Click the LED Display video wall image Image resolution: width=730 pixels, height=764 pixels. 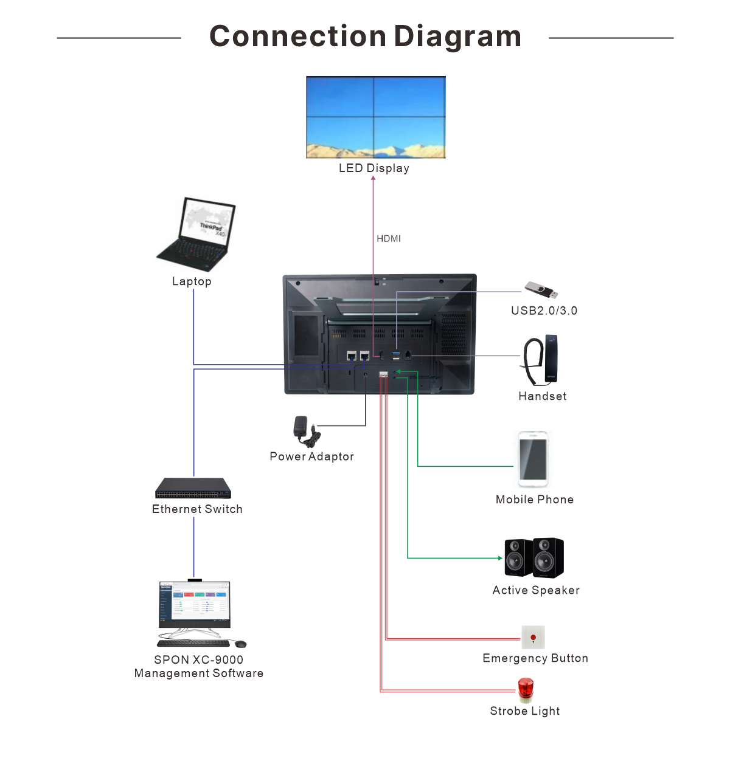pyautogui.click(x=375, y=117)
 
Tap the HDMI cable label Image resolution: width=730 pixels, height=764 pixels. pyautogui.click(x=389, y=239)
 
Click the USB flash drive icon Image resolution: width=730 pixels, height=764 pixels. pyautogui.click(x=541, y=290)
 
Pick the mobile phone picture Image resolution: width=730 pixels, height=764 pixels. pyautogui.click(x=533, y=459)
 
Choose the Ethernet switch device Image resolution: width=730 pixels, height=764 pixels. pyautogui.click(x=193, y=488)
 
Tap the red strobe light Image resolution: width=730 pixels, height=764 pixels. pyautogui.click(x=526, y=690)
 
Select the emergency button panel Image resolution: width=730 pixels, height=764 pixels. pyautogui.click(x=533, y=637)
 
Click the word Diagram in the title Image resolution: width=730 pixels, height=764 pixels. pyautogui.click(x=457, y=36)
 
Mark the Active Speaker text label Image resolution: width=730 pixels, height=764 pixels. pyautogui.click(x=536, y=590)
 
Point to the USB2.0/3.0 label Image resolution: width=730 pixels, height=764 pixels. pyautogui.click(x=544, y=311)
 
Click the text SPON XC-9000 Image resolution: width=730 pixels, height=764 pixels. pyautogui.click(x=199, y=659)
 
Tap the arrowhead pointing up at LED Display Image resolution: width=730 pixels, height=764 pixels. pyautogui.click(x=374, y=178)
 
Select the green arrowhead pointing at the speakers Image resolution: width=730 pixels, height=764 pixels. pyautogui.click(x=500, y=558)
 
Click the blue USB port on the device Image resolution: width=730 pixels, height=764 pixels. pyautogui.click(x=396, y=354)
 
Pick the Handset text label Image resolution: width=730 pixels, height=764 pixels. pyautogui.click(x=542, y=396)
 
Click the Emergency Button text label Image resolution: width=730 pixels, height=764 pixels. pyautogui.click(x=535, y=658)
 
